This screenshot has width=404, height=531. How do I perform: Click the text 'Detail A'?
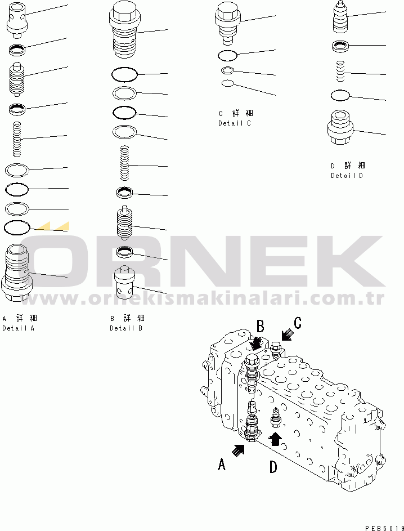18,328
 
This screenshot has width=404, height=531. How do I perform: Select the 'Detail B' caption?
126,328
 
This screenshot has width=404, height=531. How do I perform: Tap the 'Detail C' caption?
235,123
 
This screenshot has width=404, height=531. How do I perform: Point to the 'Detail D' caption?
347,176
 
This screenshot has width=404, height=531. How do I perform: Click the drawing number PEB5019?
384,528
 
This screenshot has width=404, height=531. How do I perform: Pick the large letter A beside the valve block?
222,464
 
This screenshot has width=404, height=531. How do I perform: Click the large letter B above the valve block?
260,327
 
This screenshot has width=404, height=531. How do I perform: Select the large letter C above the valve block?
298,323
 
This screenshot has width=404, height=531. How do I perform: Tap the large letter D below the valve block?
273,467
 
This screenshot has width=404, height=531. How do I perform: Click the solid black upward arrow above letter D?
275,439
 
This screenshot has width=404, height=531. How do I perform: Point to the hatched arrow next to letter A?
238,450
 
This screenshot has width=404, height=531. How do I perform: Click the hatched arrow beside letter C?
288,334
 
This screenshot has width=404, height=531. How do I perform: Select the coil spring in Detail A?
16,139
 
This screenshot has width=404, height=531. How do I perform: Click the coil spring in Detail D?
341,71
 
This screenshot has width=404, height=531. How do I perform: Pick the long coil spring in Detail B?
125,163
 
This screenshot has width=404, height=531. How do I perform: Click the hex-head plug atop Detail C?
227,23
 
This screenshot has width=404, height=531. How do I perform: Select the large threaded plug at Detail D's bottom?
340,127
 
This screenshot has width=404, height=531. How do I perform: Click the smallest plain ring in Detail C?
227,83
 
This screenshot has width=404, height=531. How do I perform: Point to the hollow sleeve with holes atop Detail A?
17,20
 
